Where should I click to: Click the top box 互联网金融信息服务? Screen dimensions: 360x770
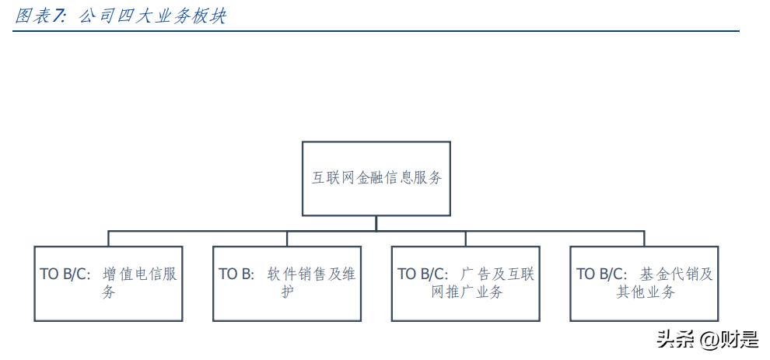coord(376,178)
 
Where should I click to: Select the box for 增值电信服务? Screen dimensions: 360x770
coord(108,283)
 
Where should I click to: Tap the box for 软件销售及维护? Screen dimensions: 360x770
coord(287,283)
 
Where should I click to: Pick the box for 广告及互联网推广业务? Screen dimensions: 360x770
coord(465,283)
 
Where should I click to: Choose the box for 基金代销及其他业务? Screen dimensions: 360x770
coord(644,283)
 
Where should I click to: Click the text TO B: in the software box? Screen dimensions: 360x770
coord(236,274)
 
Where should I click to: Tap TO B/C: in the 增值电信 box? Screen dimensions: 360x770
coord(66,274)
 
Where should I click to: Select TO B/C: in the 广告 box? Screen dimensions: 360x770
coord(423,274)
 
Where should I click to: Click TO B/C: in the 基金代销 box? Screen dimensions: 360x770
coord(602,274)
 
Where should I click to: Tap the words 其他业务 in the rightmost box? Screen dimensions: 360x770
coord(644,292)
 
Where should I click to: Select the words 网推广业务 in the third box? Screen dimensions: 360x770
coord(466,292)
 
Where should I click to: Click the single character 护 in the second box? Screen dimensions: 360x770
coord(287,292)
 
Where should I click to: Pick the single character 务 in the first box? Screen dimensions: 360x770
coord(108,292)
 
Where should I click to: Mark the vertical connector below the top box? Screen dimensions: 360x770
coord(376,223)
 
